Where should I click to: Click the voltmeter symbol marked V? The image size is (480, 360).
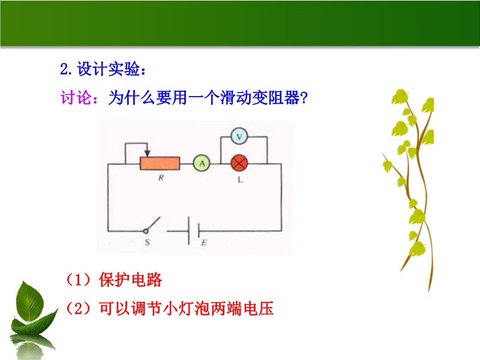(x=239, y=136)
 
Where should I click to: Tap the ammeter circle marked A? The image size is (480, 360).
(x=202, y=163)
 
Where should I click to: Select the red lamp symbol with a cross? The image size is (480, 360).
(x=239, y=163)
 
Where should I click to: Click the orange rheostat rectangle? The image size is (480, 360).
(x=160, y=163)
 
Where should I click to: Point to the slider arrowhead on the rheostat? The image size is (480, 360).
(x=147, y=154)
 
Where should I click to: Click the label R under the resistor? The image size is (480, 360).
(x=161, y=178)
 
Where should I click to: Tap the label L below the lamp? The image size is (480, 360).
(x=241, y=179)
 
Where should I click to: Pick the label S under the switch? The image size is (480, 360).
(x=147, y=242)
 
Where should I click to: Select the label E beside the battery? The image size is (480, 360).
(x=204, y=243)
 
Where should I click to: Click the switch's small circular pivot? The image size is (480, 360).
(x=146, y=231)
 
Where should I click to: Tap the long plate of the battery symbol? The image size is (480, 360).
(x=189, y=230)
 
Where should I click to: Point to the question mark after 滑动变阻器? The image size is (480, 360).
(x=304, y=98)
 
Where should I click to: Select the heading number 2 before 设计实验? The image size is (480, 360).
(x=64, y=69)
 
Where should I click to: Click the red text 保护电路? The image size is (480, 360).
(x=130, y=280)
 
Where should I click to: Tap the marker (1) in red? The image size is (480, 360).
(x=79, y=280)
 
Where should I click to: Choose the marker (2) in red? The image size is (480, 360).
(x=79, y=308)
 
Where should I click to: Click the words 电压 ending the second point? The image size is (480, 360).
(x=258, y=308)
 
